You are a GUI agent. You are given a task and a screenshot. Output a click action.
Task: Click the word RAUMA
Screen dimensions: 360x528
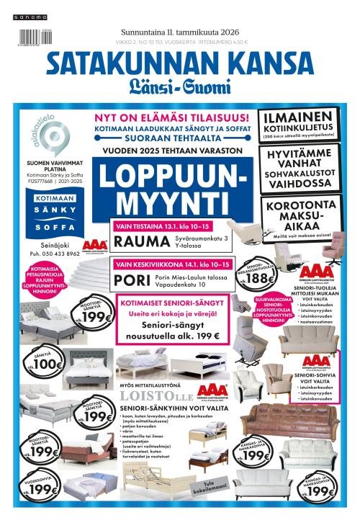(x=143, y=241)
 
